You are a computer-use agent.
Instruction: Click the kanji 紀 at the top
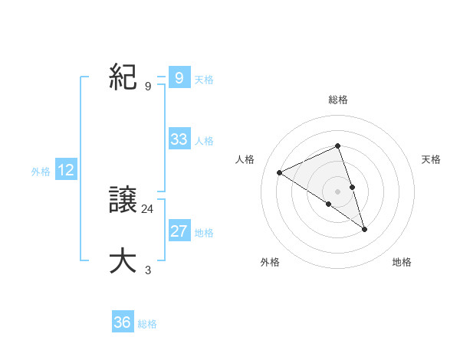point(123,77)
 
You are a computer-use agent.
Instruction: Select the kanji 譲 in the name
point(123,200)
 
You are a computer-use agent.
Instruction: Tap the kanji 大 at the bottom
point(123,261)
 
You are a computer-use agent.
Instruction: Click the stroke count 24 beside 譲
point(148,208)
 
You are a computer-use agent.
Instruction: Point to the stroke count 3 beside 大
point(148,270)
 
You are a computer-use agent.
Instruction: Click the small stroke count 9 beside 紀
point(148,86)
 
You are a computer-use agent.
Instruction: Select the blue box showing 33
point(179,139)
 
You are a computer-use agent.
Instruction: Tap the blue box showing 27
point(179,231)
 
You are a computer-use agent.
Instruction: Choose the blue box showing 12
point(66,170)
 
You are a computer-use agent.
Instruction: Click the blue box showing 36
point(123,322)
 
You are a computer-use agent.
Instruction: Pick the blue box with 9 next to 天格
point(179,78)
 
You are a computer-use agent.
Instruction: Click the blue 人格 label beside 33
point(204,141)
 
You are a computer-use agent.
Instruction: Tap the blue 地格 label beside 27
point(204,233)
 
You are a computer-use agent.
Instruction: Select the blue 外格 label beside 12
point(41,172)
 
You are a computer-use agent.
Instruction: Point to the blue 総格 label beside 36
point(147,324)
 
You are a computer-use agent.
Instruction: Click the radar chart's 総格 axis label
point(338,100)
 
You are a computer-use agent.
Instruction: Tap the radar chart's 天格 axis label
point(431,159)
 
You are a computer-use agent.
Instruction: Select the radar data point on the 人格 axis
point(280,172)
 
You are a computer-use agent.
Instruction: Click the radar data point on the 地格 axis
point(365,229)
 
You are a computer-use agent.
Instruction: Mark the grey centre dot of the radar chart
point(338,191)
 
